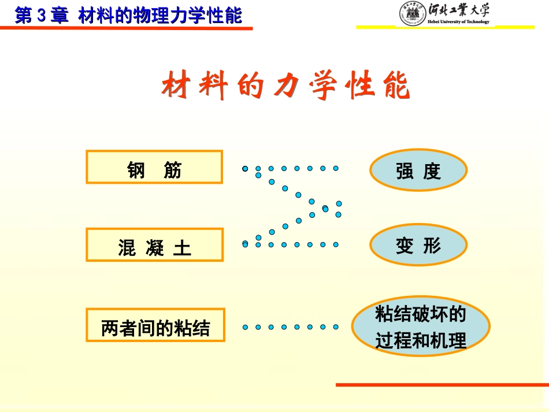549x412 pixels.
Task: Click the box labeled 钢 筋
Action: tap(154, 168)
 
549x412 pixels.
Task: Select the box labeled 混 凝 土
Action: tap(154, 245)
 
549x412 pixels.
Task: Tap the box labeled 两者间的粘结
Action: tap(155, 325)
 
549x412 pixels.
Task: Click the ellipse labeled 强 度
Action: tap(418, 170)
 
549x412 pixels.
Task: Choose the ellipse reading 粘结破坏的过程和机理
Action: tap(421, 328)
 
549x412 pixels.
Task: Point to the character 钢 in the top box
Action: tap(136, 170)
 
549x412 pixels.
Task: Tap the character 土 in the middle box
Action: tap(182, 249)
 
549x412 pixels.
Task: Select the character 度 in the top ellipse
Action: tap(432, 171)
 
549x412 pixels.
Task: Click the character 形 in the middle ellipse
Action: tap(432, 246)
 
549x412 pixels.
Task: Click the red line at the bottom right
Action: tap(442, 384)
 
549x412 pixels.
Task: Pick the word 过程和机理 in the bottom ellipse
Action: tap(421, 341)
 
